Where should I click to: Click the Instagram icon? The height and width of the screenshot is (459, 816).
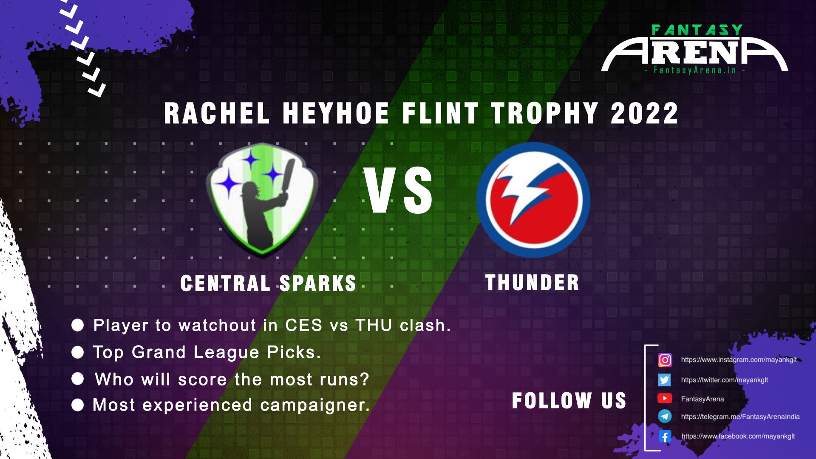point(665,360)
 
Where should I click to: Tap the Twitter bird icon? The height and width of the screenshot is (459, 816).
point(665,380)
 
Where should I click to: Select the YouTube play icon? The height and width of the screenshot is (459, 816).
point(665,398)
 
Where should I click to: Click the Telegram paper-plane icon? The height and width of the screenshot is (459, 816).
point(665,416)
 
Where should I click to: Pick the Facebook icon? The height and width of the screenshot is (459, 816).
point(665,436)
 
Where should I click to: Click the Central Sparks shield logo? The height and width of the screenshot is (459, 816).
point(262,200)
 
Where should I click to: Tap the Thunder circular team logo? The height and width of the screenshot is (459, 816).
point(533,200)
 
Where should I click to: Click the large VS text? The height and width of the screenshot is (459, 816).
point(398,190)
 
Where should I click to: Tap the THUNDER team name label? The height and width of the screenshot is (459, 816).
point(532,283)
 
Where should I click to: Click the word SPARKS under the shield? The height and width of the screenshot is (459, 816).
point(318,283)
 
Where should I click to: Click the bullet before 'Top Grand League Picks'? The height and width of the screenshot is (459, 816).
point(78,352)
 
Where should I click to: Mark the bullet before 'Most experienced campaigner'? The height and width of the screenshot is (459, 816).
point(78,405)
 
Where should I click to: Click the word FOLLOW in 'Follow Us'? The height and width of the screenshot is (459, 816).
point(552,400)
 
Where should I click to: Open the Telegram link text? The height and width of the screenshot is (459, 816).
point(740,416)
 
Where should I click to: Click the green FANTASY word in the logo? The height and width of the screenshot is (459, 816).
point(697,30)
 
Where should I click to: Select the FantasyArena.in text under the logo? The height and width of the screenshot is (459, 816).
point(695,70)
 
